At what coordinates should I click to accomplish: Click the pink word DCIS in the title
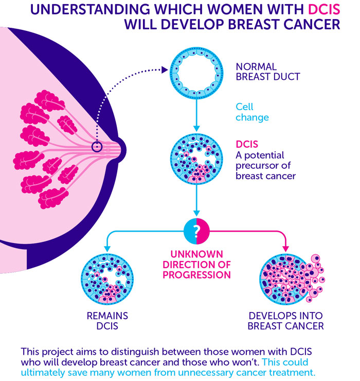(x=324, y=9)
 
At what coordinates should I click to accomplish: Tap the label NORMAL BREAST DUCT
(x=268, y=72)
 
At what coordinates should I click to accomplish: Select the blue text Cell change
(x=252, y=112)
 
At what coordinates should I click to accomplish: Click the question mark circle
(x=196, y=231)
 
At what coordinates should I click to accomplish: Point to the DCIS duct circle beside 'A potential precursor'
(x=196, y=159)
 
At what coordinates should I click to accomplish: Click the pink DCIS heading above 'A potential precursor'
(x=247, y=144)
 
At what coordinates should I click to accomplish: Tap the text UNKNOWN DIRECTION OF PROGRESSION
(x=196, y=265)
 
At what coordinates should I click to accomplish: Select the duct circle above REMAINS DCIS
(x=107, y=279)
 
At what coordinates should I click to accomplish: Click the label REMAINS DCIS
(x=107, y=321)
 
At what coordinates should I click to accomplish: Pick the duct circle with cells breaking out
(x=291, y=279)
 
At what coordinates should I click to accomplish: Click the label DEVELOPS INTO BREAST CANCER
(x=286, y=321)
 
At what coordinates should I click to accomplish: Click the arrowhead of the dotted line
(x=165, y=70)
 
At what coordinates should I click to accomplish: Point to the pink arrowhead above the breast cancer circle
(x=286, y=249)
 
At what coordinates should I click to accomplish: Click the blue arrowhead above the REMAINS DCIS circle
(x=107, y=249)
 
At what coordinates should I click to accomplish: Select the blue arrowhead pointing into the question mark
(x=196, y=213)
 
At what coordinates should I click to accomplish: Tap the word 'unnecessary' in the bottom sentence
(x=206, y=372)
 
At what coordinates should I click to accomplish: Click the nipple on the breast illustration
(x=121, y=150)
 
